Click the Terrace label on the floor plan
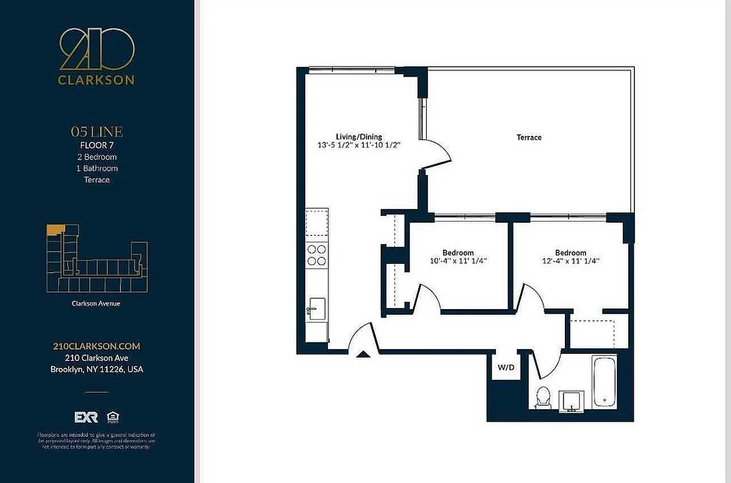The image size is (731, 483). click(529, 138)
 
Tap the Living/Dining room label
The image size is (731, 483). click(359, 137)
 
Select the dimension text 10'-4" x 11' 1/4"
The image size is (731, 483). click(458, 261)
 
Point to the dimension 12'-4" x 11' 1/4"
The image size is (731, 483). click(570, 261)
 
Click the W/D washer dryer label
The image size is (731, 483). click(505, 367)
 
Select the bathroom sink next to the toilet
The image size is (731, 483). click(572, 400)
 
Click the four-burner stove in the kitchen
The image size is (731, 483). click(317, 255)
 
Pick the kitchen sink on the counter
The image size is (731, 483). click(316, 308)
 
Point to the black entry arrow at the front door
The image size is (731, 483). click(362, 354)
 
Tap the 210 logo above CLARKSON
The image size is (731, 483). click(97, 50)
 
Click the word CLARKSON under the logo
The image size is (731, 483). click(97, 80)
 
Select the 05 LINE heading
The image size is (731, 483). click(97, 132)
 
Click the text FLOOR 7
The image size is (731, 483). click(97, 145)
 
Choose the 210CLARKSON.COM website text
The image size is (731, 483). click(97, 346)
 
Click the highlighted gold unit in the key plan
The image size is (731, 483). click(55, 229)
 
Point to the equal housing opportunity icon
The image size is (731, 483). click(112, 417)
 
